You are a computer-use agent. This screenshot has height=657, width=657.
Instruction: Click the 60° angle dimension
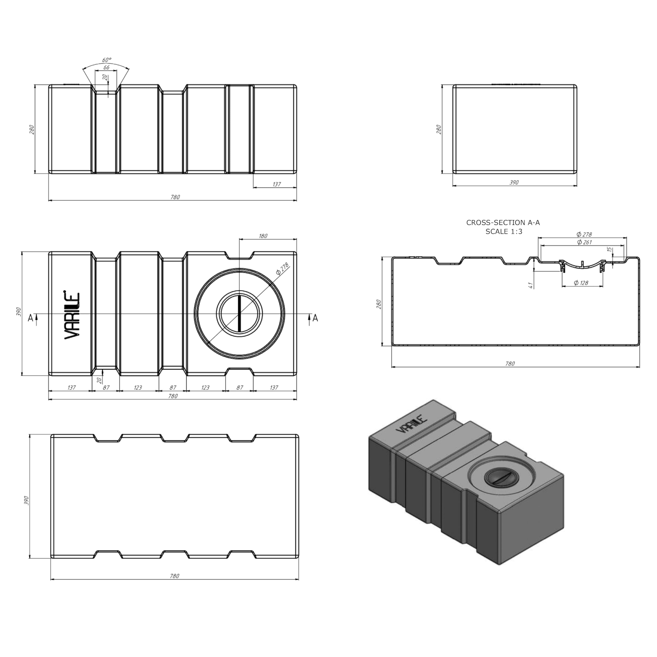[x=107, y=60]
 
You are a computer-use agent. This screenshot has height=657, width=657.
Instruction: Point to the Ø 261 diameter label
[x=584, y=242]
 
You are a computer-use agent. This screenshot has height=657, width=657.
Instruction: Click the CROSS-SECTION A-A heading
[x=503, y=223]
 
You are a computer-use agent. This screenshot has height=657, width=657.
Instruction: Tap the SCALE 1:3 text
[x=504, y=231]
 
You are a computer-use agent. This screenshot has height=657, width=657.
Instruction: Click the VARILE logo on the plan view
[x=72, y=315]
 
